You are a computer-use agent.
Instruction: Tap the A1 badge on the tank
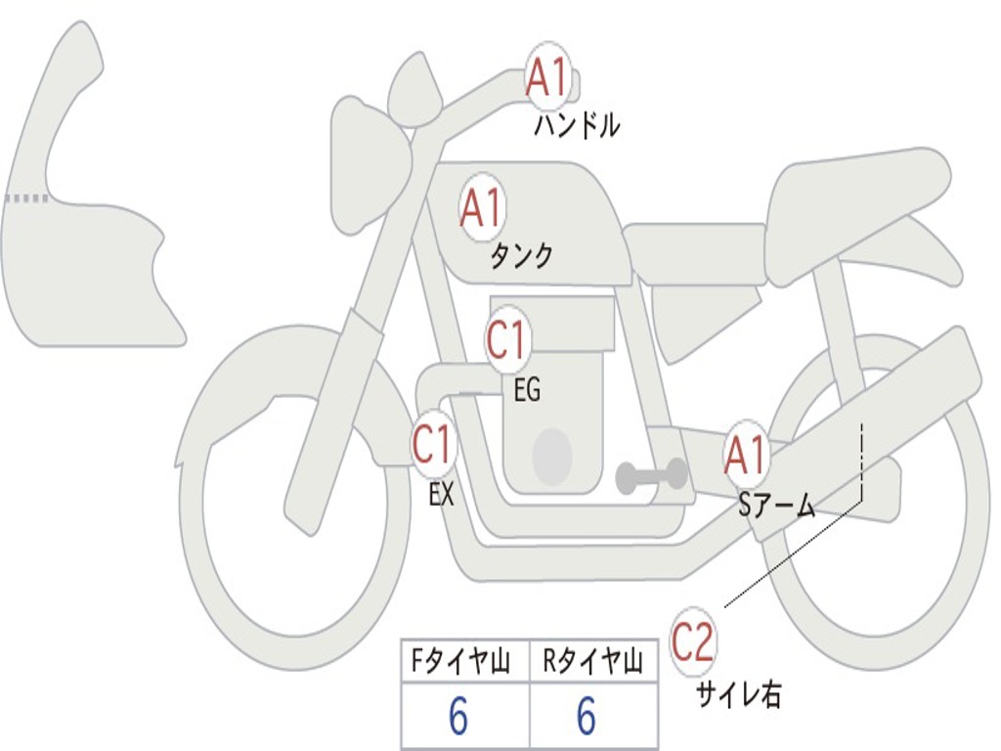tap(482, 207)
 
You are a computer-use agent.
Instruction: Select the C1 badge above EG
tap(507, 338)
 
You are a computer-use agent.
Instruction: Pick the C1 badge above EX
tap(434, 445)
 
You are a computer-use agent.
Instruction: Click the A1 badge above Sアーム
tap(745, 456)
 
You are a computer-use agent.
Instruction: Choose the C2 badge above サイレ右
tap(692, 641)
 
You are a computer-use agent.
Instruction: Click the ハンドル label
tap(577, 126)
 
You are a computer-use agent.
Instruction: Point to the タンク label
tap(521, 255)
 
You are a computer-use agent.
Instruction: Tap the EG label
tap(527, 389)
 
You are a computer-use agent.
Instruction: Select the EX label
tap(441, 494)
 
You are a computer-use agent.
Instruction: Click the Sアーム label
tap(777, 506)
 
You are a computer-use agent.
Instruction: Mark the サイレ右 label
tap(739, 694)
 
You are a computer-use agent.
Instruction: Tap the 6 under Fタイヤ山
tap(458, 715)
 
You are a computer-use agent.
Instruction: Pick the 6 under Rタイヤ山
tap(587, 715)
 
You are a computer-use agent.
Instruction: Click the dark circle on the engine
tap(552, 457)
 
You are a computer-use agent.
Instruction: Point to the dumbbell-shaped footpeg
tap(651, 476)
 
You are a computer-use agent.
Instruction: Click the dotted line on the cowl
tap(26, 199)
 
